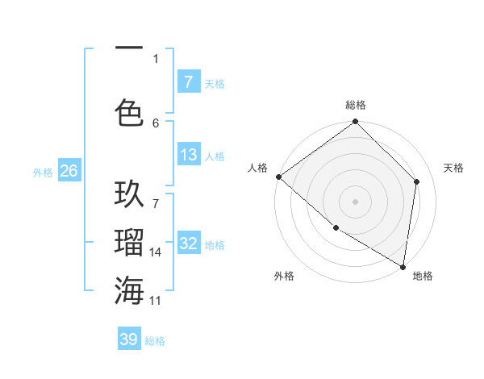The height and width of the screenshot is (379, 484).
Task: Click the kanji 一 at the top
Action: pyautogui.click(x=129, y=48)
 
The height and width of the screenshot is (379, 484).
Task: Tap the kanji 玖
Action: pyautogui.click(x=129, y=196)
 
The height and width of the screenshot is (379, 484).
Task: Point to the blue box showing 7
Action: pyautogui.click(x=188, y=82)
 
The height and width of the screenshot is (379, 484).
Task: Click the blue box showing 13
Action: pyautogui.click(x=188, y=155)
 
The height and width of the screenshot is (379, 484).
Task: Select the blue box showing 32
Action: pyautogui.click(x=188, y=244)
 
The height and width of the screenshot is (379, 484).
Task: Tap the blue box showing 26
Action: pyautogui.click(x=69, y=171)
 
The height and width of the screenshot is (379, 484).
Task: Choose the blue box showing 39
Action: pyautogui.click(x=129, y=339)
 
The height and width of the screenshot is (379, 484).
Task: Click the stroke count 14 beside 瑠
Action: pyautogui.click(x=156, y=252)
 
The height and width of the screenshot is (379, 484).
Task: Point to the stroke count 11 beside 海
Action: pyautogui.click(x=156, y=300)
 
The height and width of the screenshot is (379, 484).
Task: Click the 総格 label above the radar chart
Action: pyautogui.click(x=356, y=105)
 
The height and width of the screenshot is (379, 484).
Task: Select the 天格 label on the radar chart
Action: pyautogui.click(x=453, y=168)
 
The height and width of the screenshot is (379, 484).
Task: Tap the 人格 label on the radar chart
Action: pyautogui.click(x=258, y=168)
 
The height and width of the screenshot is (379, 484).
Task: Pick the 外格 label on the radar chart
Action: pyautogui.click(x=284, y=276)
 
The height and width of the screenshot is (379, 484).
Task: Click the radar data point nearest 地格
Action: pyautogui.click(x=403, y=266)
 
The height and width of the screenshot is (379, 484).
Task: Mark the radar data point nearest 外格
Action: pyautogui.click(x=336, y=228)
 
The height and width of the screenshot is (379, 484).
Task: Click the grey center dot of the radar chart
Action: pyautogui.click(x=356, y=201)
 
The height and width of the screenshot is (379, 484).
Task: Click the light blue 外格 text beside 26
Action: pyautogui.click(x=43, y=172)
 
